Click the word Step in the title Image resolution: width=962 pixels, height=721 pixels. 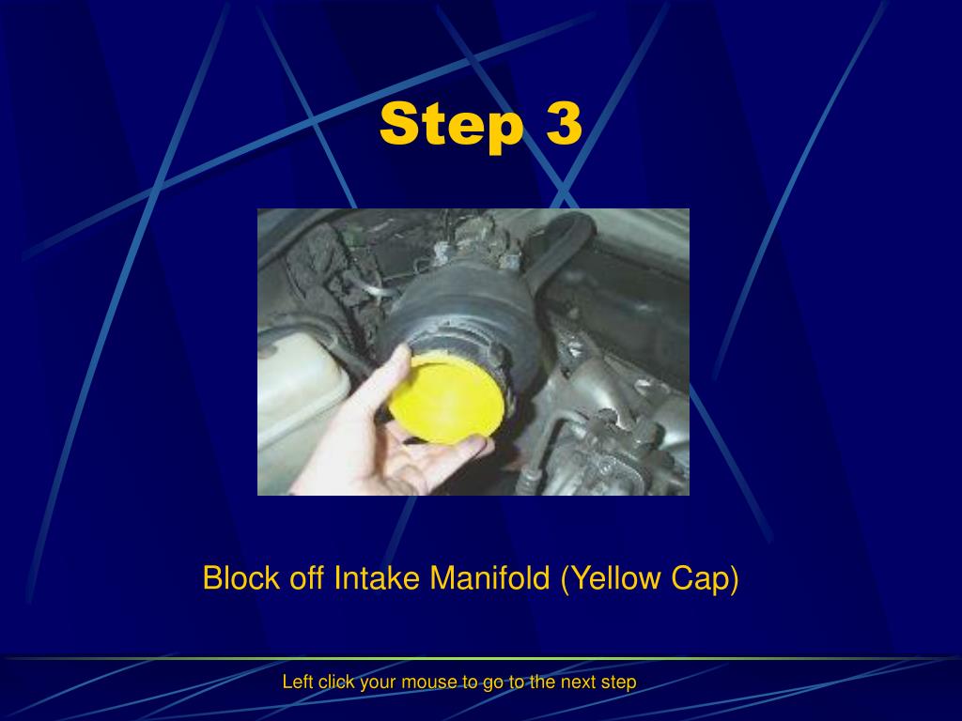pyautogui.click(x=452, y=124)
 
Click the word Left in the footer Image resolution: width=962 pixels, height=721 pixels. pyautogui.click(x=298, y=683)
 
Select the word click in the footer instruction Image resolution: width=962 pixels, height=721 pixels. pyautogui.click(x=336, y=683)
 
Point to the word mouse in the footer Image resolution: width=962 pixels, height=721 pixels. pyautogui.click(x=429, y=683)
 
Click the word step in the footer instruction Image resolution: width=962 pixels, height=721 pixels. pyautogui.click(x=618, y=683)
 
